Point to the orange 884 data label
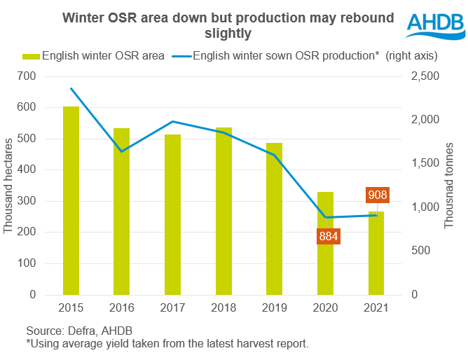[x=326, y=236]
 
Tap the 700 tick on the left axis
[x=27, y=76]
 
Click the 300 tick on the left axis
[x=27, y=201]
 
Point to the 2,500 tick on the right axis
[x=423, y=76]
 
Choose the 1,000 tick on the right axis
[x=423, y=207]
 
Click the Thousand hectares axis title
[x=8, y=185]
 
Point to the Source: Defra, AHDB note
[x=79, y=330]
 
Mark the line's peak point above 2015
[x=71, y=89]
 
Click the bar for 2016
[x=122, y=211]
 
